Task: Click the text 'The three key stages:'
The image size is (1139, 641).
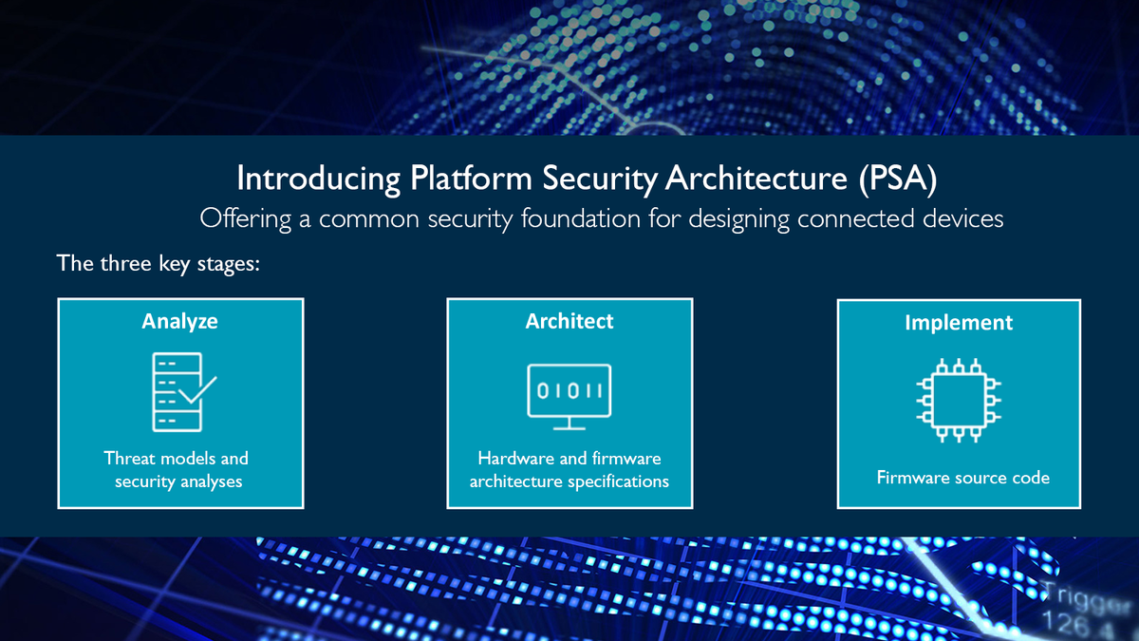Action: coord(159,263)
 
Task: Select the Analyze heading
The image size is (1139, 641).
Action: coord(180,321)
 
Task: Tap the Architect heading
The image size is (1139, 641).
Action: coord(569,321)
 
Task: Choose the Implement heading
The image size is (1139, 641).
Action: coord(959,322)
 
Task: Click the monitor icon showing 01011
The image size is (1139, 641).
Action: coord(569,390)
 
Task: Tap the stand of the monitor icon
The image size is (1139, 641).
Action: coord(569,423)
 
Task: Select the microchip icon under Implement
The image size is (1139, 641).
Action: coord(958,400)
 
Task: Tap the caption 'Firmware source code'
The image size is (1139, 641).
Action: coord(963,477)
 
